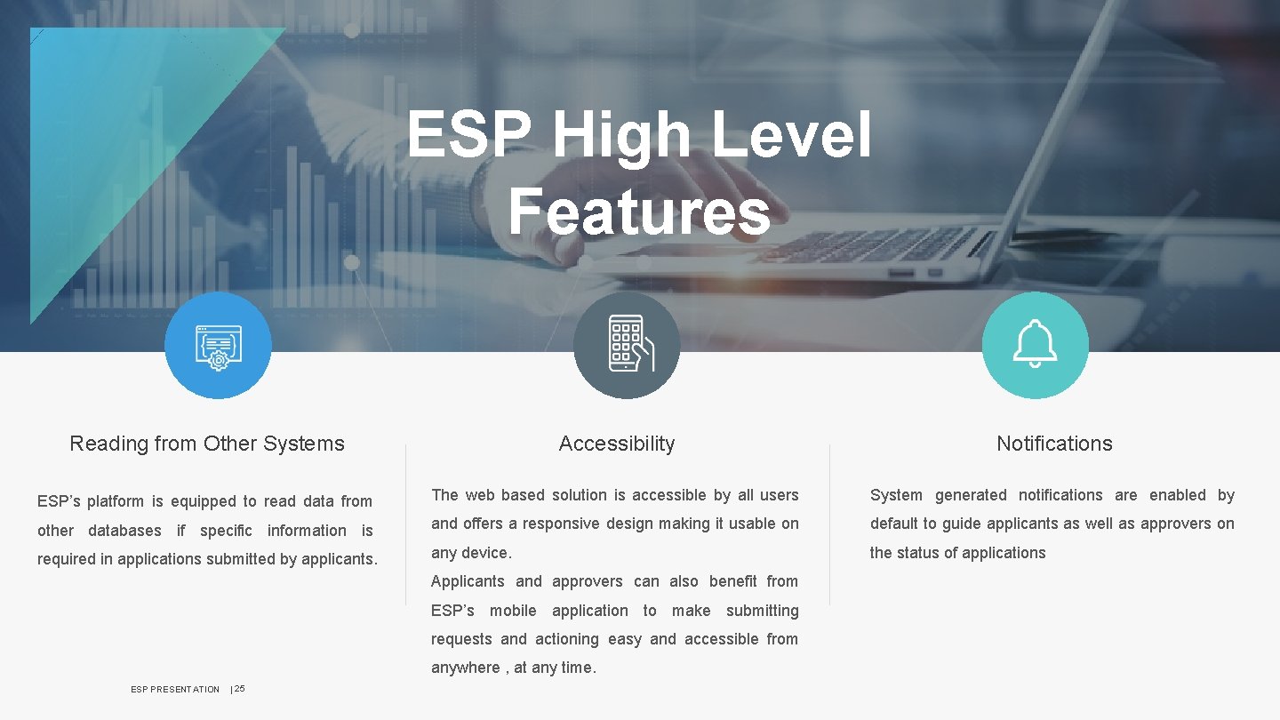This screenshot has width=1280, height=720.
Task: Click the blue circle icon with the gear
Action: (x=218, y=346)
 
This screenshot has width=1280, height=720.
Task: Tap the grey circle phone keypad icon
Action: (x=627, y=346)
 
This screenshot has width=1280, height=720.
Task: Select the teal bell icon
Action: (x=1035, y=346)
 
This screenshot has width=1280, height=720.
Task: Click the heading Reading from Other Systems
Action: (x=207, y=444)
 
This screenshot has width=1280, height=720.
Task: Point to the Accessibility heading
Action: (x=617, y=444)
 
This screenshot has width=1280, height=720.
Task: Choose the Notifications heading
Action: (x=1054, y=444)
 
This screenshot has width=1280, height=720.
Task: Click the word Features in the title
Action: (x=639, y=213)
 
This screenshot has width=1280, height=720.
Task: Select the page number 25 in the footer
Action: (x=240, y=689)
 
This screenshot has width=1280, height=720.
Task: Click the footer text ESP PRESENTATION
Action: (x=175, y=690)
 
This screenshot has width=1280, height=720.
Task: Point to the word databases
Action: (x=124, y=531)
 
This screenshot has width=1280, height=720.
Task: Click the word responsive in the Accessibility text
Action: (x=561, y=524)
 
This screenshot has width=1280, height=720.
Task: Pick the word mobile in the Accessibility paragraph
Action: (x=513, y=611)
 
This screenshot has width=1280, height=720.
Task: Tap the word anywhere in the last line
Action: (x=466, y=668)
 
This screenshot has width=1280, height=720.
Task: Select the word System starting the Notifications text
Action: (x=896, y=495)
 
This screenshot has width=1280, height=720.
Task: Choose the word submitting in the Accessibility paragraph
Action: (x=762, y=611)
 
